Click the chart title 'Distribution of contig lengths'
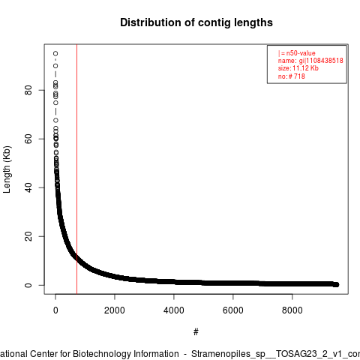point(196,22)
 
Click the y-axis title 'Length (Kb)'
point(7,169)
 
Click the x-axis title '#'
point(196,332)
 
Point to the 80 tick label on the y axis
point(28,90)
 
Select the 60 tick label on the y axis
point(28,139)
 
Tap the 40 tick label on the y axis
point(28,187)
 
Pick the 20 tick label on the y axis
point(28,236)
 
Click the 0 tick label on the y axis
point(28,285)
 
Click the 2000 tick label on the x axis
point(115,310)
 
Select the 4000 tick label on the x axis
point(174,310)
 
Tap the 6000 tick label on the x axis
point(233,310)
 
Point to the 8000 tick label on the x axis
point(292,310)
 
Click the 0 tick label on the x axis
point(55,310)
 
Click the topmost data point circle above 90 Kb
point(55,53)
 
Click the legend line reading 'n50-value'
point(297,53)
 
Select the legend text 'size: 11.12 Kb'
point(298,68)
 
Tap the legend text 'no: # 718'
point(292,76)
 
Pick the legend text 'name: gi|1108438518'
point(310,61)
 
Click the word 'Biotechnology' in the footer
point(102,354)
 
